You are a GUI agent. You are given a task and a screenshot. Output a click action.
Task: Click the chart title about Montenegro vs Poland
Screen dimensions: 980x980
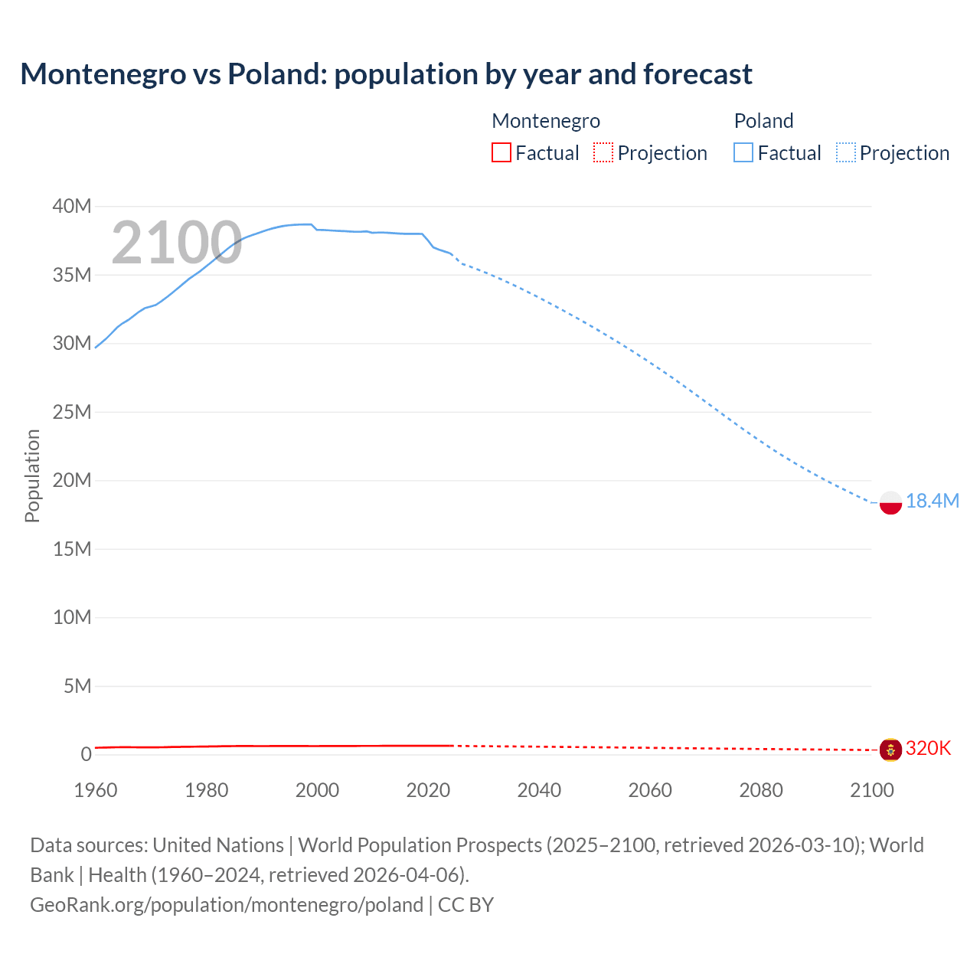(x=386, y=74)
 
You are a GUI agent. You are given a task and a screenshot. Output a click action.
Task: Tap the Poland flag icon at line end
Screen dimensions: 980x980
(x=890, y=502)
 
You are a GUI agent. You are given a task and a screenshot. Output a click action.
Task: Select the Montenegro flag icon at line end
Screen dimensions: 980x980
(x=890, y=750)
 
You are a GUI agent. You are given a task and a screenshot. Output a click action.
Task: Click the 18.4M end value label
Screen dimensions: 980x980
(x=932, y=501)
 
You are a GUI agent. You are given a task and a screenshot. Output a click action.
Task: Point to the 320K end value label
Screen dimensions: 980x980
(x=928, y=748)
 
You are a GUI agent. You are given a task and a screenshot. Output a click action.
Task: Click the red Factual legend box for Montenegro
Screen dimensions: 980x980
(x=501, y=152)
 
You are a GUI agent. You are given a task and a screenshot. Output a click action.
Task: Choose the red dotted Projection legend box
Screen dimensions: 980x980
(x=603, y=152)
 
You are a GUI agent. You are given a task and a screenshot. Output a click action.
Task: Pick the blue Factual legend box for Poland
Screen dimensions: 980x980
(x=743, y=152)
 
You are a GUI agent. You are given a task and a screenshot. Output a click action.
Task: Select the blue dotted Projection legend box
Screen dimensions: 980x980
(x=846, y=152)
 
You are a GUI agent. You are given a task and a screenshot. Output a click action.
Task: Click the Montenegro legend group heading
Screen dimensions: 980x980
(x=546, y=121)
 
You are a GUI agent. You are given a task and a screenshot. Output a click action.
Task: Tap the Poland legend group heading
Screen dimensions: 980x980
(x=763, y=121)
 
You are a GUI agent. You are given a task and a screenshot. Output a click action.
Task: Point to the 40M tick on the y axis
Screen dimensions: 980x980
(x=72, y=207)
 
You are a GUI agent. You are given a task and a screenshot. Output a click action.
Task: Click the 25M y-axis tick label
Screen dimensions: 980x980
(x=72, y=413)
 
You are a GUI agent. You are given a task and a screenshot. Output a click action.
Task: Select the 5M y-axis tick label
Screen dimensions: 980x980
(x=77, y=686)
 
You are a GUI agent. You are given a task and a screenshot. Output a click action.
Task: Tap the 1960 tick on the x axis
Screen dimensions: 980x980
(x=96, y=790)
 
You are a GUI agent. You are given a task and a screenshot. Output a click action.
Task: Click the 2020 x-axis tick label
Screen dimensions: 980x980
(x=428, y=790)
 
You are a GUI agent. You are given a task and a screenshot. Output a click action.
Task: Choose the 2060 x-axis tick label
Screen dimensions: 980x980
(x=650, y=790)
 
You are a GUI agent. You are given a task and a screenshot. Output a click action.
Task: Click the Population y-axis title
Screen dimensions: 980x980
(x=32, y=475)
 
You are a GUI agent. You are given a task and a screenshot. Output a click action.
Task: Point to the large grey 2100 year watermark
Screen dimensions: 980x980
(x=177, y=243)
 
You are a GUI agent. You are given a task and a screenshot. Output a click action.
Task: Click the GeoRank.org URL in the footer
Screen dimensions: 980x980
(x=227, y=905)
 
